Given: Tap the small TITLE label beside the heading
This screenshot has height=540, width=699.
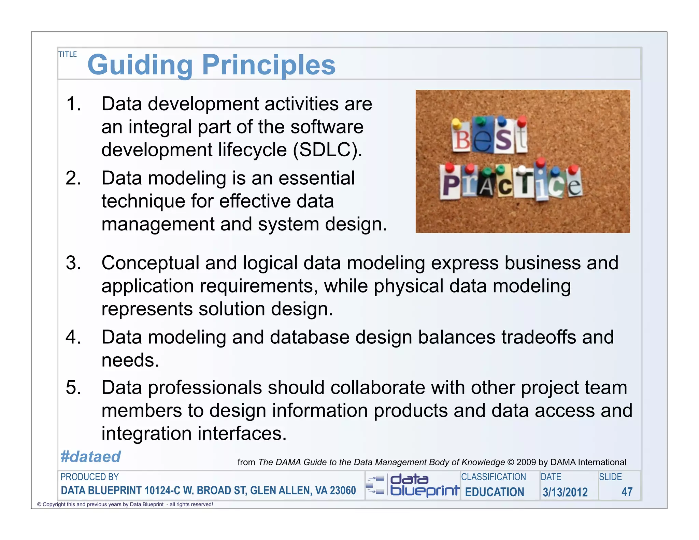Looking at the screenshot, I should click(68, 54).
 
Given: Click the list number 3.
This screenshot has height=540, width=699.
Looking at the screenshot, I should click(73, 263).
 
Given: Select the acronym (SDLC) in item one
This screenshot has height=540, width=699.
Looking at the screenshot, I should click(327, 150).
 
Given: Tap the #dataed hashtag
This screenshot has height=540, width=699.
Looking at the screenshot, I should click(90, 457).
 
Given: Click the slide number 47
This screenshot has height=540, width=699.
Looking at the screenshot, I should click(627, 492).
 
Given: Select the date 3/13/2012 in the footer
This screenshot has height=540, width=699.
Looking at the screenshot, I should click(565, 492).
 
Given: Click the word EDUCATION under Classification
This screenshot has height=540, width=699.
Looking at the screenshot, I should click(494, 492).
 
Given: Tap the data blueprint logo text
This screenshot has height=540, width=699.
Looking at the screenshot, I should click(424, 485).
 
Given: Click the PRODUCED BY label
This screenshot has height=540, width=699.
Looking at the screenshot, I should click(89, 477).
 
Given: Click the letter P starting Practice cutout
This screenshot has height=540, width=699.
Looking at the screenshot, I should click(451, 186).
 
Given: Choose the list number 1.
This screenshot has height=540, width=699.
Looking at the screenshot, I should click(73, 104).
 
